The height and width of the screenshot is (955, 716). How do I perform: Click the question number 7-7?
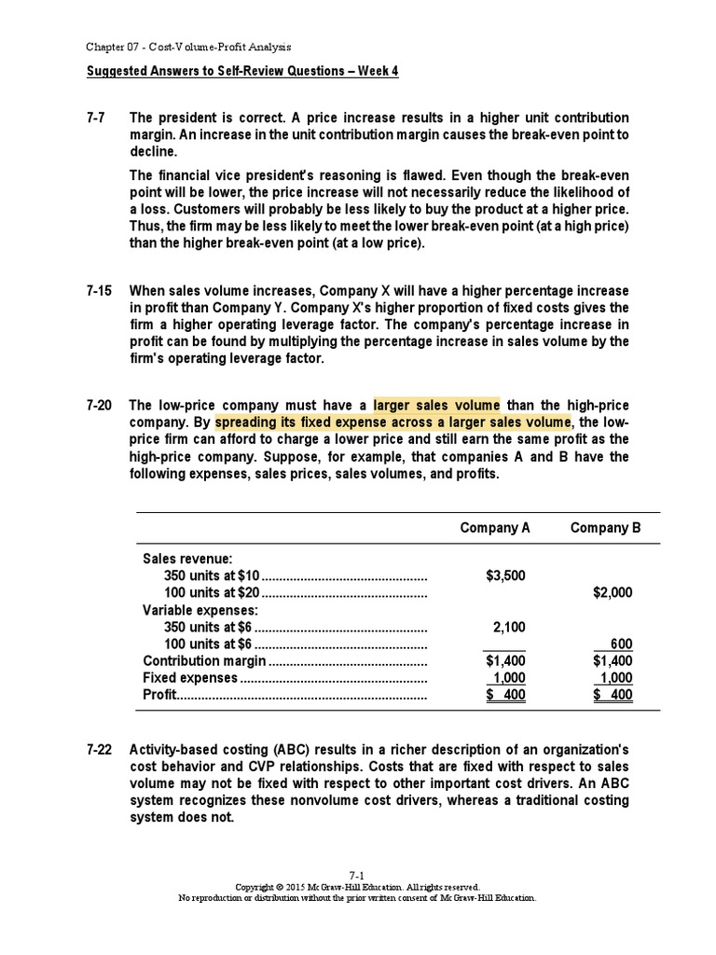coord(95,118)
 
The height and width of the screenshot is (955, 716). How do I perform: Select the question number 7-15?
coord(98,291)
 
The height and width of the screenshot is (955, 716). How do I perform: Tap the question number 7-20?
coord(98,406)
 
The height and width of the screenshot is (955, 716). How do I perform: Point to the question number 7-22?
coord(98,749)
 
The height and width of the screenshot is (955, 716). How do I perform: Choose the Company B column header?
coord(605,528)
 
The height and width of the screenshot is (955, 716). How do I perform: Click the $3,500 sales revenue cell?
coord(505,575)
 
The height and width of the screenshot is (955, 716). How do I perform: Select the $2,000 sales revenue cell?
coord(613,592)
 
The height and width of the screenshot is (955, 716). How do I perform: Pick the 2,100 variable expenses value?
coord(510,627)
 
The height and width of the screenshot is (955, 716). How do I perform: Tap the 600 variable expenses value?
coord(621,644)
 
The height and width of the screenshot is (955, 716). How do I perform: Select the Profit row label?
coord(159,695)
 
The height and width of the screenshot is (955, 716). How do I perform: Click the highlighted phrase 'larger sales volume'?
coord(436,406)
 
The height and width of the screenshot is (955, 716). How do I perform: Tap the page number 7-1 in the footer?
coord(357,875)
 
